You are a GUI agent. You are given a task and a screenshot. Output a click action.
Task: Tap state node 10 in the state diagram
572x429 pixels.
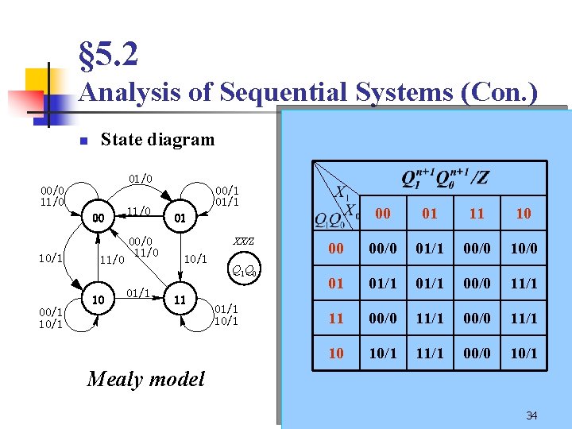coord(98,300)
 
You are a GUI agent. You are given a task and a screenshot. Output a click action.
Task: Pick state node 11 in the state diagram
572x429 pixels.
coord(180,300)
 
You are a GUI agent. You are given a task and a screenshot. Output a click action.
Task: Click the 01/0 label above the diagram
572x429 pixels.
coord(140,179)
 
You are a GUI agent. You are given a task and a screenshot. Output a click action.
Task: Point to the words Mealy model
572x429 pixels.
coord(145,379)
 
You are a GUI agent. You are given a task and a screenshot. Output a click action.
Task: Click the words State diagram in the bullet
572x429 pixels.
coord(157,140)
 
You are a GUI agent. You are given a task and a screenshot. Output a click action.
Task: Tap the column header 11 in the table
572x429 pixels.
coord(477,213)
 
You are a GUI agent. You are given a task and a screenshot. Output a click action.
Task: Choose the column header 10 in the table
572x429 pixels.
coord(524,213)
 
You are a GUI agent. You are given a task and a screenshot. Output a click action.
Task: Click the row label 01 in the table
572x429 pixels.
coord(336,284)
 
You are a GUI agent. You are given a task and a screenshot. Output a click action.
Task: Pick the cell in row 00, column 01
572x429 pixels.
coord(430,249)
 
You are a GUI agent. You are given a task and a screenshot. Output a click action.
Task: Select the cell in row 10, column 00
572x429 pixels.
coord(383,353)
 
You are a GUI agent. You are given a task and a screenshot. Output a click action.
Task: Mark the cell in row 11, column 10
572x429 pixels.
coord(524,318)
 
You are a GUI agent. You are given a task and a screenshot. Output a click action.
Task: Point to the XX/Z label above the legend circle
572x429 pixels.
coord(242,241)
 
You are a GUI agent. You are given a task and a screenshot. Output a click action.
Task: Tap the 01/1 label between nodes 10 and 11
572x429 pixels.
coord(138,292)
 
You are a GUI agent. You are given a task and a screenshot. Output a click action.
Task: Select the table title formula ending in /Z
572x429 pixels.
coord(445,178)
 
